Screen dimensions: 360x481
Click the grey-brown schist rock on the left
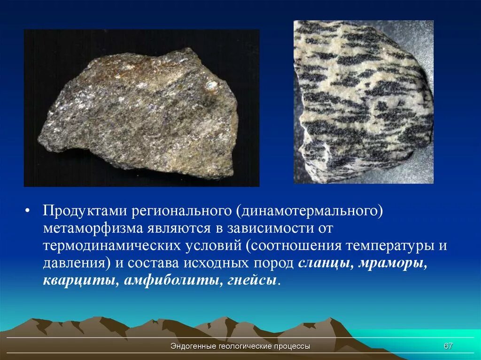pyautogui.click(x=141, y=113)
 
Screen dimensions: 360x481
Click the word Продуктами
pyautogui.click(x=85, y=211)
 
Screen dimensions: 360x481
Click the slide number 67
pyautogui.click(x=448, y=346)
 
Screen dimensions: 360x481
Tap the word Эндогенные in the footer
pyautogui.click(x=193, y=346)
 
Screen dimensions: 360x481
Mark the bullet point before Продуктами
pyautogui.click(x=28, y=211)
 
